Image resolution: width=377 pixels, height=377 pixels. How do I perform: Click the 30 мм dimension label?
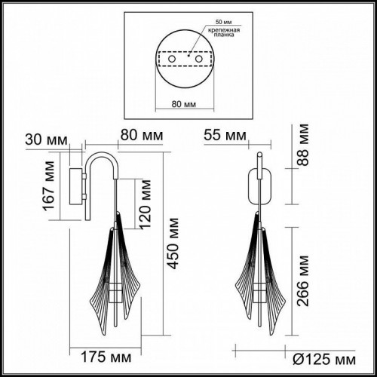(45, 139)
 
